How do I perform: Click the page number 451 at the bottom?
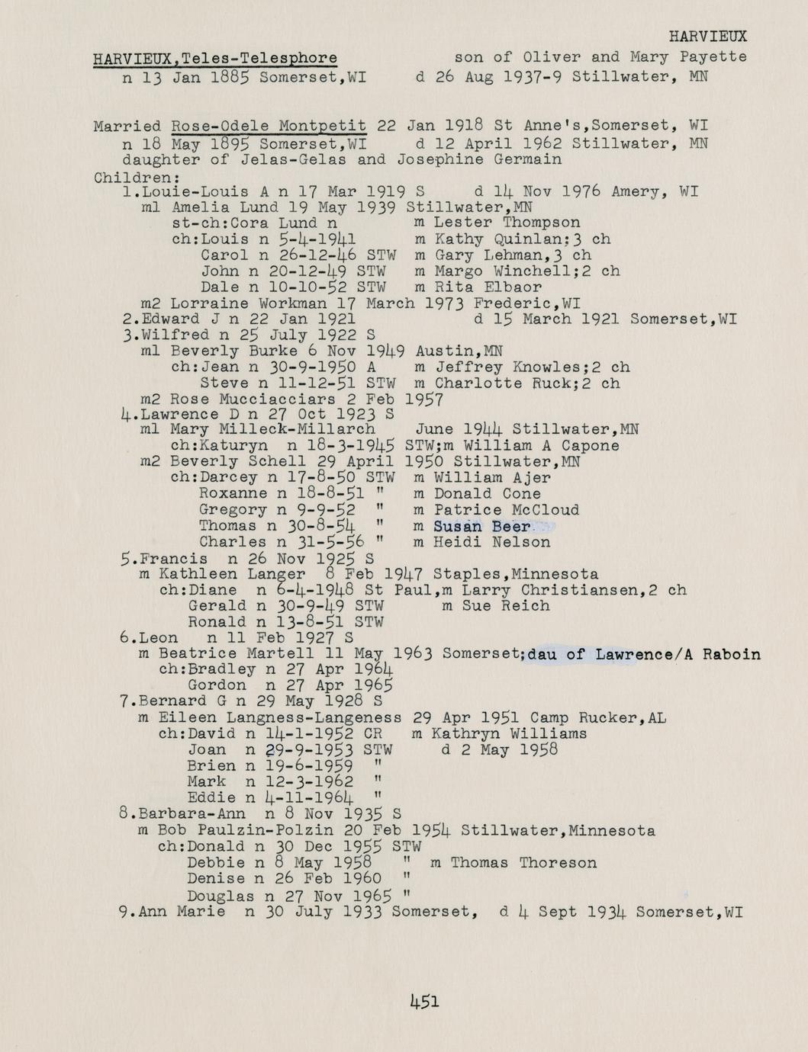pos(424,1001)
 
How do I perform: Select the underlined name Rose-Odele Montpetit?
pos(269,126)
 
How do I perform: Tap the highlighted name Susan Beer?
pos(481,527)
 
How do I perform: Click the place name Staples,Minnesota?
pos(515,574)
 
